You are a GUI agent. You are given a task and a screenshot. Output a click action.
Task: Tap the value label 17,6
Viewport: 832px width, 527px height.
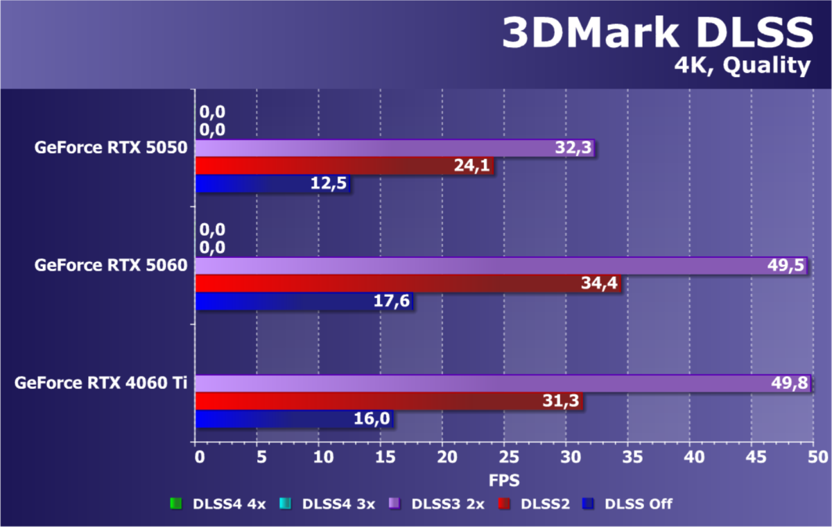pyautogui.click(x=393, y=302)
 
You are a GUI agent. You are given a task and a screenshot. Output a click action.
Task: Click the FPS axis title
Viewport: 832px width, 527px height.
pyautogui.click(x=505, y=479)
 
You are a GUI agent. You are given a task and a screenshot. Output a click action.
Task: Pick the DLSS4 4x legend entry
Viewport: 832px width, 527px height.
pyautogui.click(x=218, y=504)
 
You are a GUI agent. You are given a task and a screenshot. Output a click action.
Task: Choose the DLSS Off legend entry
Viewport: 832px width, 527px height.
pyautogui.click(x=627, y=504)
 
